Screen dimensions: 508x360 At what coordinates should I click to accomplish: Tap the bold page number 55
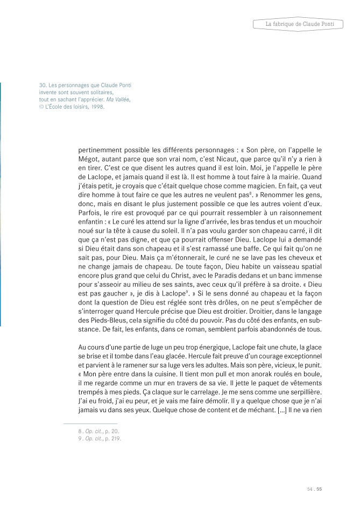coord(319,489)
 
